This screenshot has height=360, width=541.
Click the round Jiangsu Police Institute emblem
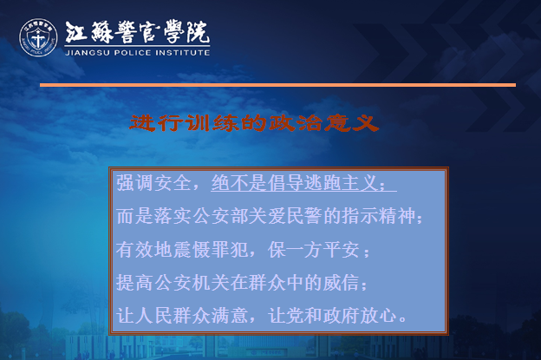pos(38,37)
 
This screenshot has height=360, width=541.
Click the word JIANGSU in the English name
pos(88,53)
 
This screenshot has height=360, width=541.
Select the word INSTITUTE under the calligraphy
pos(183,53)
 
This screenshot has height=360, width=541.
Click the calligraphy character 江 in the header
pos(75,32)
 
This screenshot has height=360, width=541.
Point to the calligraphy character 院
pos(198,32)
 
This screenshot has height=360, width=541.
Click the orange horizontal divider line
pos(277,85)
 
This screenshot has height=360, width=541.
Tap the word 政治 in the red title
pos(296,123)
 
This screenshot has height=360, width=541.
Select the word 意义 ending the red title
pos(352,123)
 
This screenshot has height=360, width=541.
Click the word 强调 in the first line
pos(135,183)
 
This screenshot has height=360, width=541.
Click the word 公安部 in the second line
pos(221,216)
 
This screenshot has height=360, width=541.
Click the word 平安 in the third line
pos(342,250)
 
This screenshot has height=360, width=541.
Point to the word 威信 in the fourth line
pos(342,283)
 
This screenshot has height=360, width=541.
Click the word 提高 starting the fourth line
pos(135,283)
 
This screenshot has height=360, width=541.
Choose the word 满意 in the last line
pos(230,316)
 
